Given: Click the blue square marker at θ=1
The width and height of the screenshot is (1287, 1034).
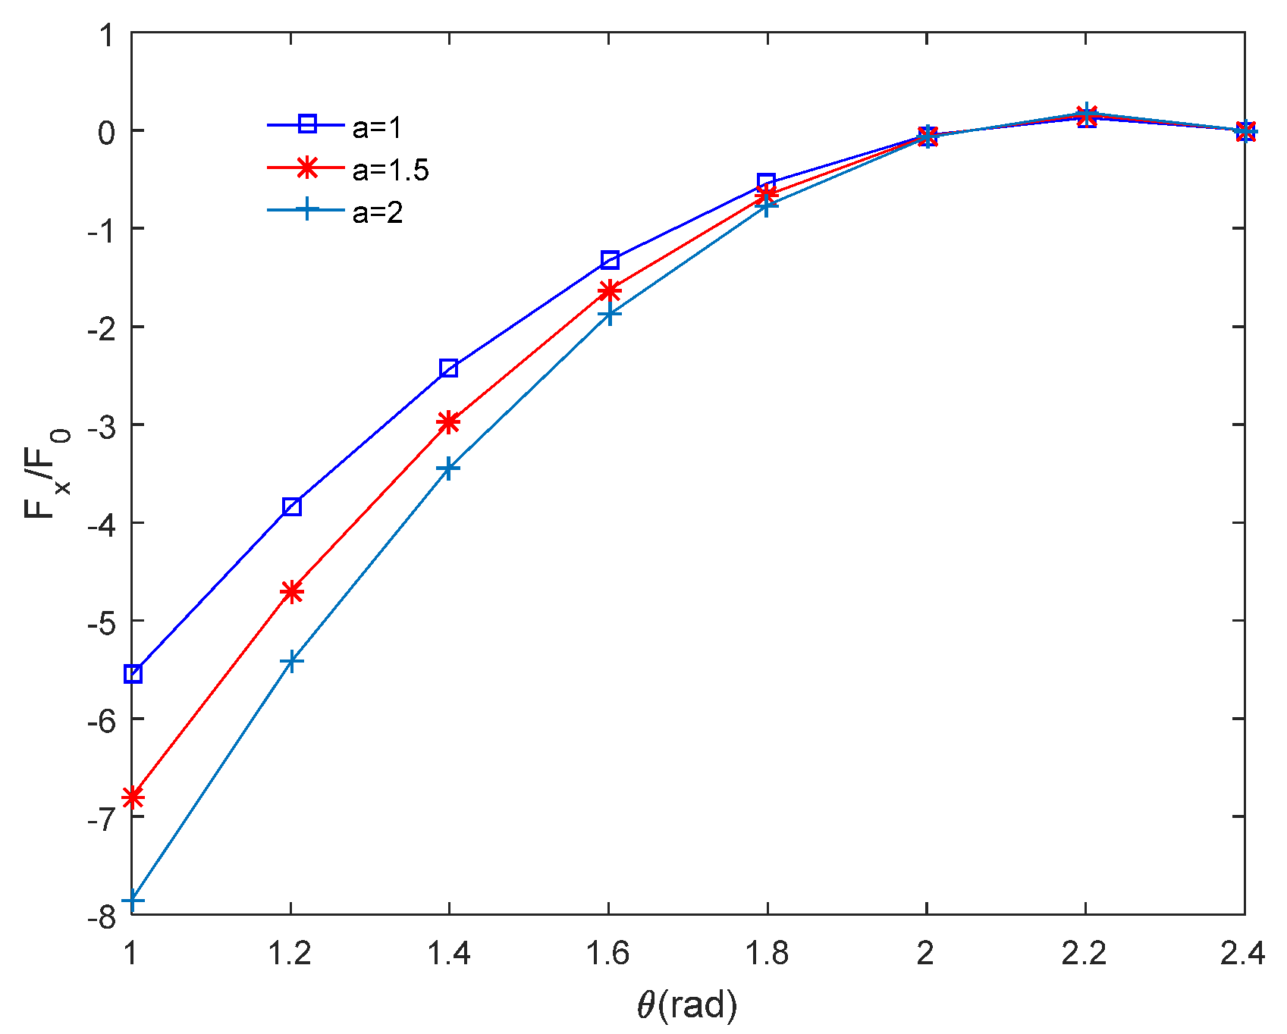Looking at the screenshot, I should pyautogui.click(x=133, y=673).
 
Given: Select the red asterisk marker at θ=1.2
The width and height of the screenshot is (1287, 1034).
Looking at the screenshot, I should pyautogui.click(x=291, y=592).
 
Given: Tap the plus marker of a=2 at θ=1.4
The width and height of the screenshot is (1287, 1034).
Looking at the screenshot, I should pyautogui.click(x=449, y=468).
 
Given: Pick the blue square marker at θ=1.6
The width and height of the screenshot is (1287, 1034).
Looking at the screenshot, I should pyautogui.click(x=609, y=260).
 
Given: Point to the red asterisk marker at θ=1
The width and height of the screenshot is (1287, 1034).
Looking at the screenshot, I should pyautogui.click(x=133, y=797).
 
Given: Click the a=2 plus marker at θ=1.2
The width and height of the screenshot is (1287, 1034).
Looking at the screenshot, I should pyautogui.click(x=291, y=661).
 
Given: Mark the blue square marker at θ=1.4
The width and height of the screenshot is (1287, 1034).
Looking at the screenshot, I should pyautogui.click(x=449, y=368).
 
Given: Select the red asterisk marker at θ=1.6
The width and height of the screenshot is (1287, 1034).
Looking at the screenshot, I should pyautogui.click(x=609, y=291).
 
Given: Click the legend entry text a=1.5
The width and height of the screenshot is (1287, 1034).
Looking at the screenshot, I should pyautogui.click(x=391, y=171).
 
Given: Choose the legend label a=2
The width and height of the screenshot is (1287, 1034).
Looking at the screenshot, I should pyautogui.click(x=377, y=213).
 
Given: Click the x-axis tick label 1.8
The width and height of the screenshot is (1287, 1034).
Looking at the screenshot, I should pyautogui.click(x=767, y=954).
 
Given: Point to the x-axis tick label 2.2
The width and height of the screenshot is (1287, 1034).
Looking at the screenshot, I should pyautogui.click(x=1085, y=954).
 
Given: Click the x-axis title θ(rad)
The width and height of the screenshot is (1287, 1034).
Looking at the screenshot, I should pyautogui.click(x=687, y=1005).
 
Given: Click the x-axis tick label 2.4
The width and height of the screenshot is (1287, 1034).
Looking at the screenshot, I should pyautogui.click(x=1242, y=954).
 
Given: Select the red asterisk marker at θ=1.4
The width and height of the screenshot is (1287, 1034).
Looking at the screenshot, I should pyautogui.click(x=449, y=422).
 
